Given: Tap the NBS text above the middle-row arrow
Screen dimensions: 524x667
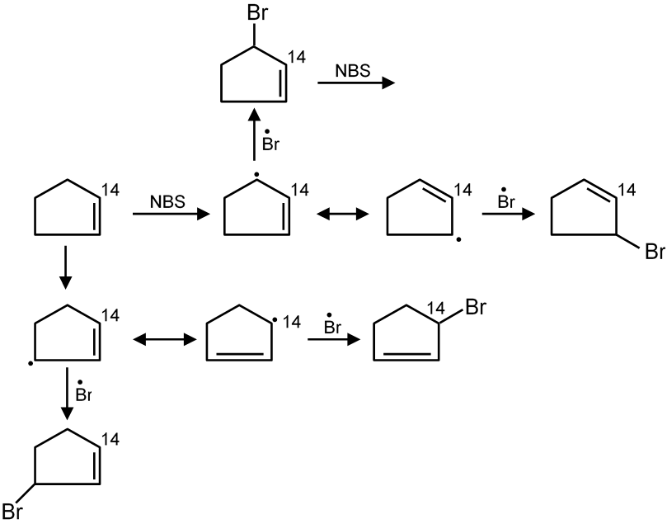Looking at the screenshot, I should click(167, 201).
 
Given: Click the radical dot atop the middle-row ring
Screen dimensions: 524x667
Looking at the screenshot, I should click(257, 175).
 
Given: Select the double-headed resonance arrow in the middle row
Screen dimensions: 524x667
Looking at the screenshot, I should click(341, 214).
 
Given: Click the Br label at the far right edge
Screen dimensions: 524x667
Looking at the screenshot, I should click(654, 252).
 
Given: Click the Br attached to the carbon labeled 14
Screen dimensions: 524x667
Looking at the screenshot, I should click(477, 309).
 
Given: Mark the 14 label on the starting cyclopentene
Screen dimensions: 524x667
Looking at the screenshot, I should click(110, 191).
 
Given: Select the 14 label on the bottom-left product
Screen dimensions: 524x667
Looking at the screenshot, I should click(110, 438).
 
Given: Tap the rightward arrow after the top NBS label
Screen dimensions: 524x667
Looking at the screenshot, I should click(355, 83).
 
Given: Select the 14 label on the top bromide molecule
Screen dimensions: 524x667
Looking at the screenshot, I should click(295, 58).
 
